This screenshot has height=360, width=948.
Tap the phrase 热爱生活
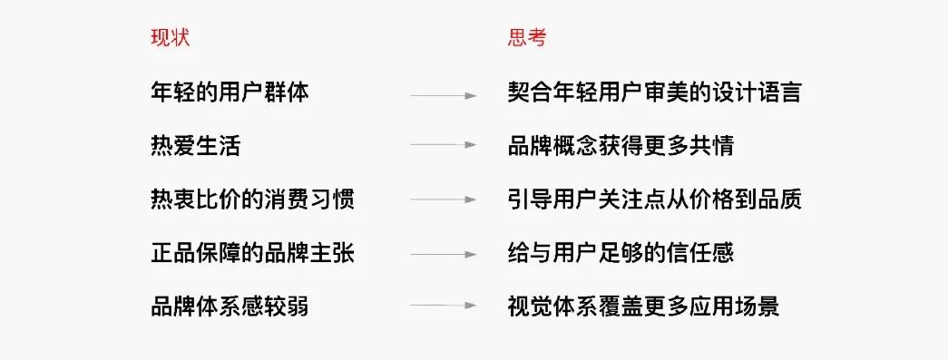tap(196, 145)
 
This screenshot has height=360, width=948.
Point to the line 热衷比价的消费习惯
tap(252, 199)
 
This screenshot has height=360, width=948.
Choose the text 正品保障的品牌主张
tap(252, 253)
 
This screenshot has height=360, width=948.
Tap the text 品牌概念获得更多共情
tap(621, 145)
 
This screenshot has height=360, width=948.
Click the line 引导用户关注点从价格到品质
tap(654, 199)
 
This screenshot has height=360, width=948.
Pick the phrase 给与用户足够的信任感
tap(621, 253)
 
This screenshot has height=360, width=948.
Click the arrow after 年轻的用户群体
tap(444, 94)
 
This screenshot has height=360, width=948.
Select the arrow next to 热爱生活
tap(444, 145)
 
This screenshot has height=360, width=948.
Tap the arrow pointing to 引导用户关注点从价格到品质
tap(444, 199)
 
